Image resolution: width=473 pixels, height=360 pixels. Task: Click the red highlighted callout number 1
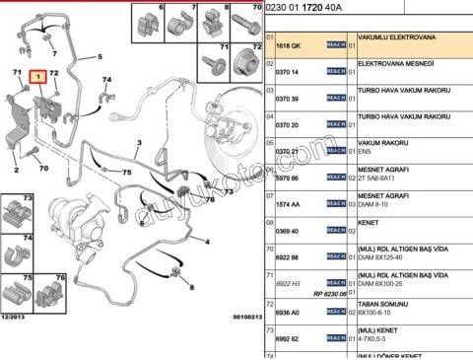point(37,75)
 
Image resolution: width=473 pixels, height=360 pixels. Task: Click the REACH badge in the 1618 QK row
point(336,45)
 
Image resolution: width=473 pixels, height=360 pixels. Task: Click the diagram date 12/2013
point(15,316)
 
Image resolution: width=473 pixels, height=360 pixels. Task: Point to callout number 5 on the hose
point(99,57)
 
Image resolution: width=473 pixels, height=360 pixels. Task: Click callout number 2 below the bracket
point(15,170)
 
